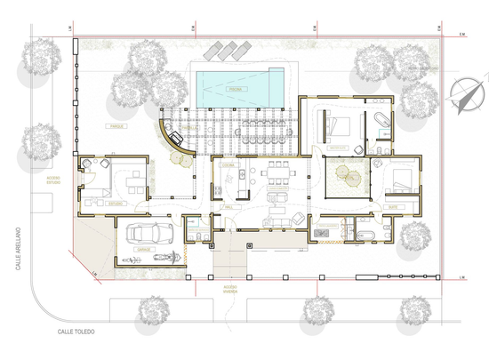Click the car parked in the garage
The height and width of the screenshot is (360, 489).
[148, 235]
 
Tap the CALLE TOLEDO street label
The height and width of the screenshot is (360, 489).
[76, 332]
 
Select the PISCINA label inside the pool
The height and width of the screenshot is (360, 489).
[235, 90]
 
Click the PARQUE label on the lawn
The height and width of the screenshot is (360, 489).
[115, 127]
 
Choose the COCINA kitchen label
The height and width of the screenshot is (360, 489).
[227, 165]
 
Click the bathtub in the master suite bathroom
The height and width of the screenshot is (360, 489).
[380, 118]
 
